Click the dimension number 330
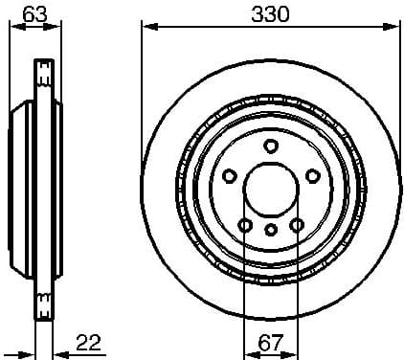(x=269, y=13)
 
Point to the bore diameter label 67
(x=271, y=342)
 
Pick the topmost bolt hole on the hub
(x=271, y=146)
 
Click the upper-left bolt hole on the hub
(x=230, y=176)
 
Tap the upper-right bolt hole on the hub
(x=312, y=176)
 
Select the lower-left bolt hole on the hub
(x=245, y=225)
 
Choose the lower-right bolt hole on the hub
(x=297, y=225)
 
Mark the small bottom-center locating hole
(x=271, y=230)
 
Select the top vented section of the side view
(x=44, y=77)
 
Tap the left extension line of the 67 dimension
(x=245, y=287)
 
